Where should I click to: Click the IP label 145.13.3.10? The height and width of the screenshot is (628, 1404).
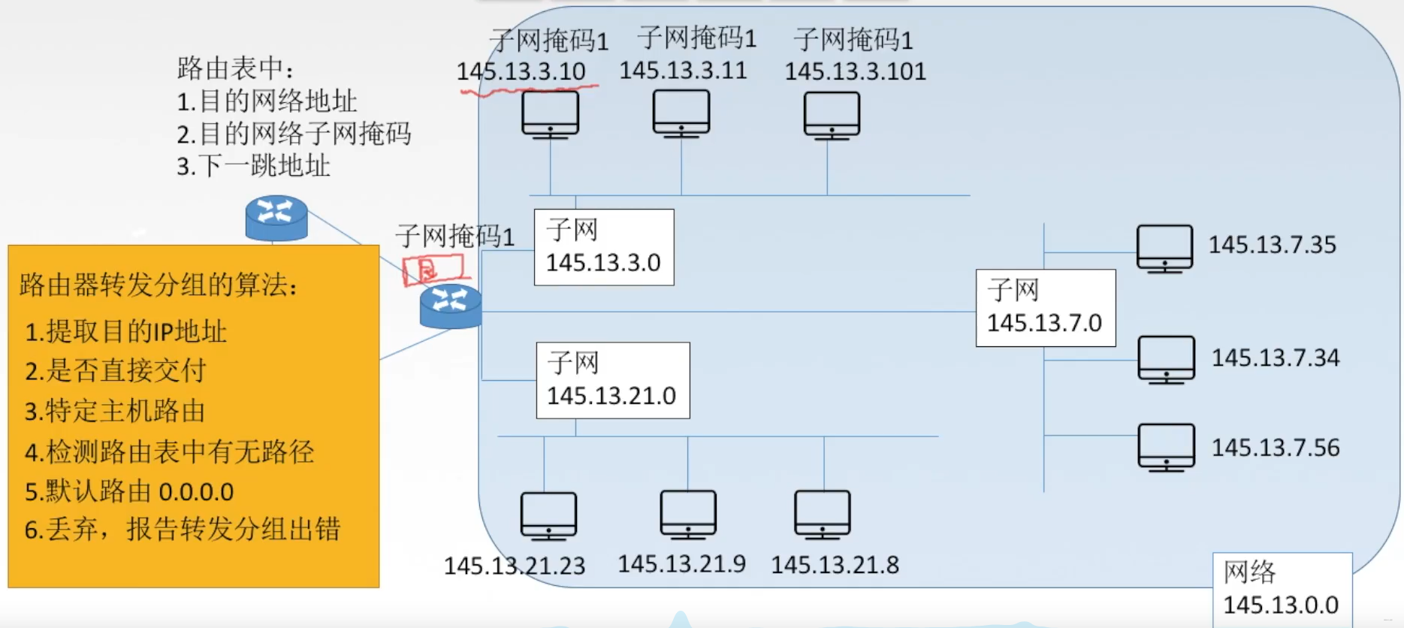(x=521, y=71)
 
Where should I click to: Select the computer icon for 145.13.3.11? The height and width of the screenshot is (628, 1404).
(x=681, y=113)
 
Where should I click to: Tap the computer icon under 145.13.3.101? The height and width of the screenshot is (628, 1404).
(x=831, y=115)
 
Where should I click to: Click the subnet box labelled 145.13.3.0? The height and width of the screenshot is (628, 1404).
(x=603, y=247)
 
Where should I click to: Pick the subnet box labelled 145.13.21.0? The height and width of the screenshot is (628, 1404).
(x=612, y=380)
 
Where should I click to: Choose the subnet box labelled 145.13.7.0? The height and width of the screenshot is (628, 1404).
(x=1045, y=307)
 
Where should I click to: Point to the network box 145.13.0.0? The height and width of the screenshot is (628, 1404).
(x=1282, y=589)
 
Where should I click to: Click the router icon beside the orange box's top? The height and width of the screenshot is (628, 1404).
(x=276, y=218)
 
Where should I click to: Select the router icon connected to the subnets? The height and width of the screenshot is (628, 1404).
(x=450, y=306)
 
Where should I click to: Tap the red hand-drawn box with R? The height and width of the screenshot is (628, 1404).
(x=432, y=269)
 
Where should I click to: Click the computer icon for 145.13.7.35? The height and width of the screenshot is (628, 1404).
(x=1164, y=248)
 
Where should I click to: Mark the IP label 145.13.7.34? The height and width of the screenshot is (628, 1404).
(x=1275, y=358)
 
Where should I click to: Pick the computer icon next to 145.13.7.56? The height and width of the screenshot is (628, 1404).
(x=1166, y=447)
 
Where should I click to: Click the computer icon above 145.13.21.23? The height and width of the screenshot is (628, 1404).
(x=548, y=515)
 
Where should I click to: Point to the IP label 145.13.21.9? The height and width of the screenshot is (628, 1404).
(x=681, y=563)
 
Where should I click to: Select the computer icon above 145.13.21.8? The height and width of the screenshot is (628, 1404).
(x=823, y=515)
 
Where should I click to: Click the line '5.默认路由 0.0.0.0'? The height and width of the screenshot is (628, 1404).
(x=129, y=491)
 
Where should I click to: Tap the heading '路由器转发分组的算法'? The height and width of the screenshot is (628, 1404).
(x=159, y=285)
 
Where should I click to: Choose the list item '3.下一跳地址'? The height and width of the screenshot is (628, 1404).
(x=253, y=166)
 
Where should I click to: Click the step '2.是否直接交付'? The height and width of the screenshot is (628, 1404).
(x=116, y=370)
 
